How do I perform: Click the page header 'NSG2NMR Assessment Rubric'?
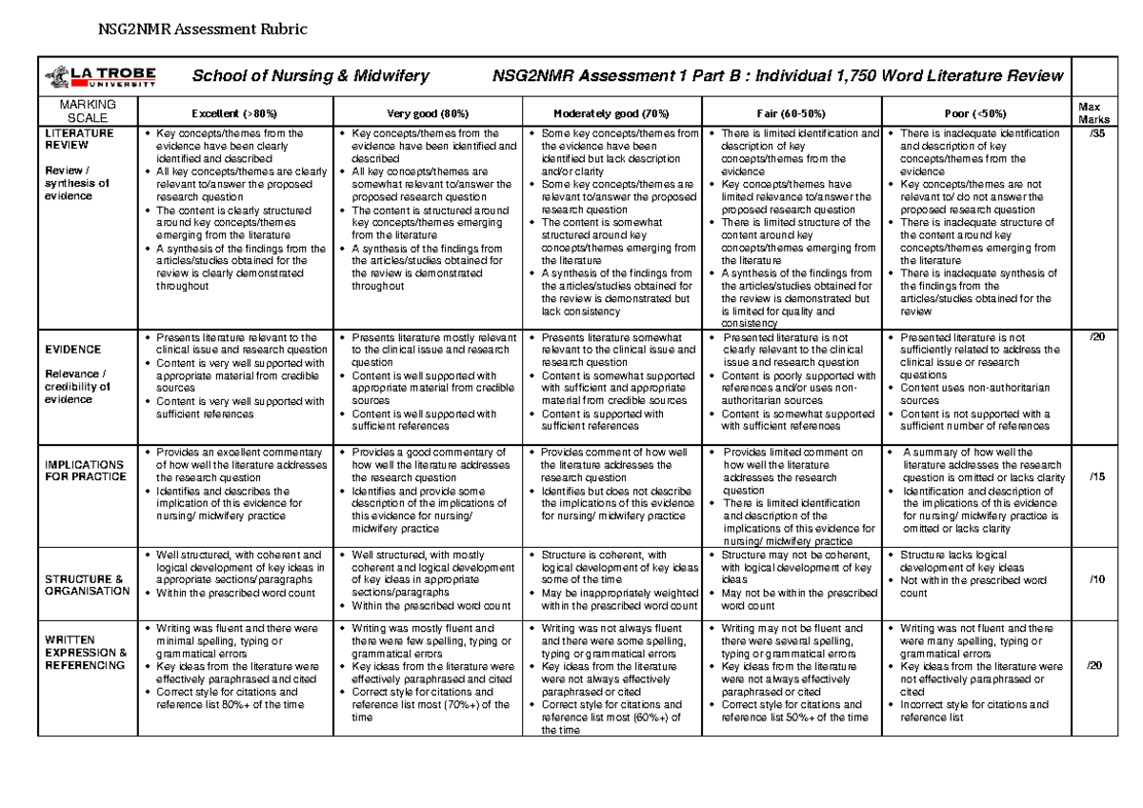[204, 29]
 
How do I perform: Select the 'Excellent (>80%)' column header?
[234, 111]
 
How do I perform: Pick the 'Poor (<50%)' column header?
[977, 111]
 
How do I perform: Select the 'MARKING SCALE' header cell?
[87, 111]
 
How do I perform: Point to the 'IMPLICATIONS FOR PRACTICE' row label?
[85, 470]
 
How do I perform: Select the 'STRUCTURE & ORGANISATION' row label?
[86, 584]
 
